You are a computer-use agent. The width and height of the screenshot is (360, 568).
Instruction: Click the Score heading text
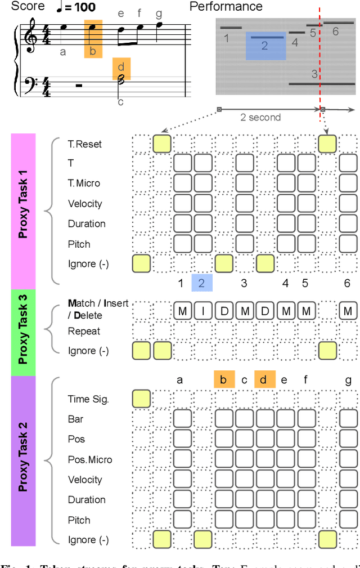tap(28, 7)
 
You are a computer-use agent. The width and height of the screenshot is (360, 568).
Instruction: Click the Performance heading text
tap(226, 7)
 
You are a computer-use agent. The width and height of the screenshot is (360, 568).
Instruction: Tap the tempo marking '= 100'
tap(81, 8)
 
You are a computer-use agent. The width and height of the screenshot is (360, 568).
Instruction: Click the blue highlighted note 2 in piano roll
tap(264, 46)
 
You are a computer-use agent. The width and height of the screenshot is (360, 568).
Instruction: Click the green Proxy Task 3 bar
tap(24, 332)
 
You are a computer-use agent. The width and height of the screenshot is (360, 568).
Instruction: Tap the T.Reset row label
tap(85, 144)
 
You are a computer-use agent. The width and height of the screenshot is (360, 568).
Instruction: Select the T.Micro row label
tap(84, 184)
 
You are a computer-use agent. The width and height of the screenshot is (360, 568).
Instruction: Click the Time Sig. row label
tap(88, 399)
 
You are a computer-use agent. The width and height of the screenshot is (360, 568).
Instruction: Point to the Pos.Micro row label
tap(90, 460)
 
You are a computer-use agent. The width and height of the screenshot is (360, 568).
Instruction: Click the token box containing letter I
tap(203, 311)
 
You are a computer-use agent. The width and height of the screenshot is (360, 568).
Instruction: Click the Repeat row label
tap(84, 331)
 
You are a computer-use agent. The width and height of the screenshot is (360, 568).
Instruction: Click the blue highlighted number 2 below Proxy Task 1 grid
tap(202, 283)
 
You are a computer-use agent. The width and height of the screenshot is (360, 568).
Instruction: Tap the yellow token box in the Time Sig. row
tap(142, 399)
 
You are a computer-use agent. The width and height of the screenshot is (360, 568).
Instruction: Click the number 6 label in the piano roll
tap(335, 32)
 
